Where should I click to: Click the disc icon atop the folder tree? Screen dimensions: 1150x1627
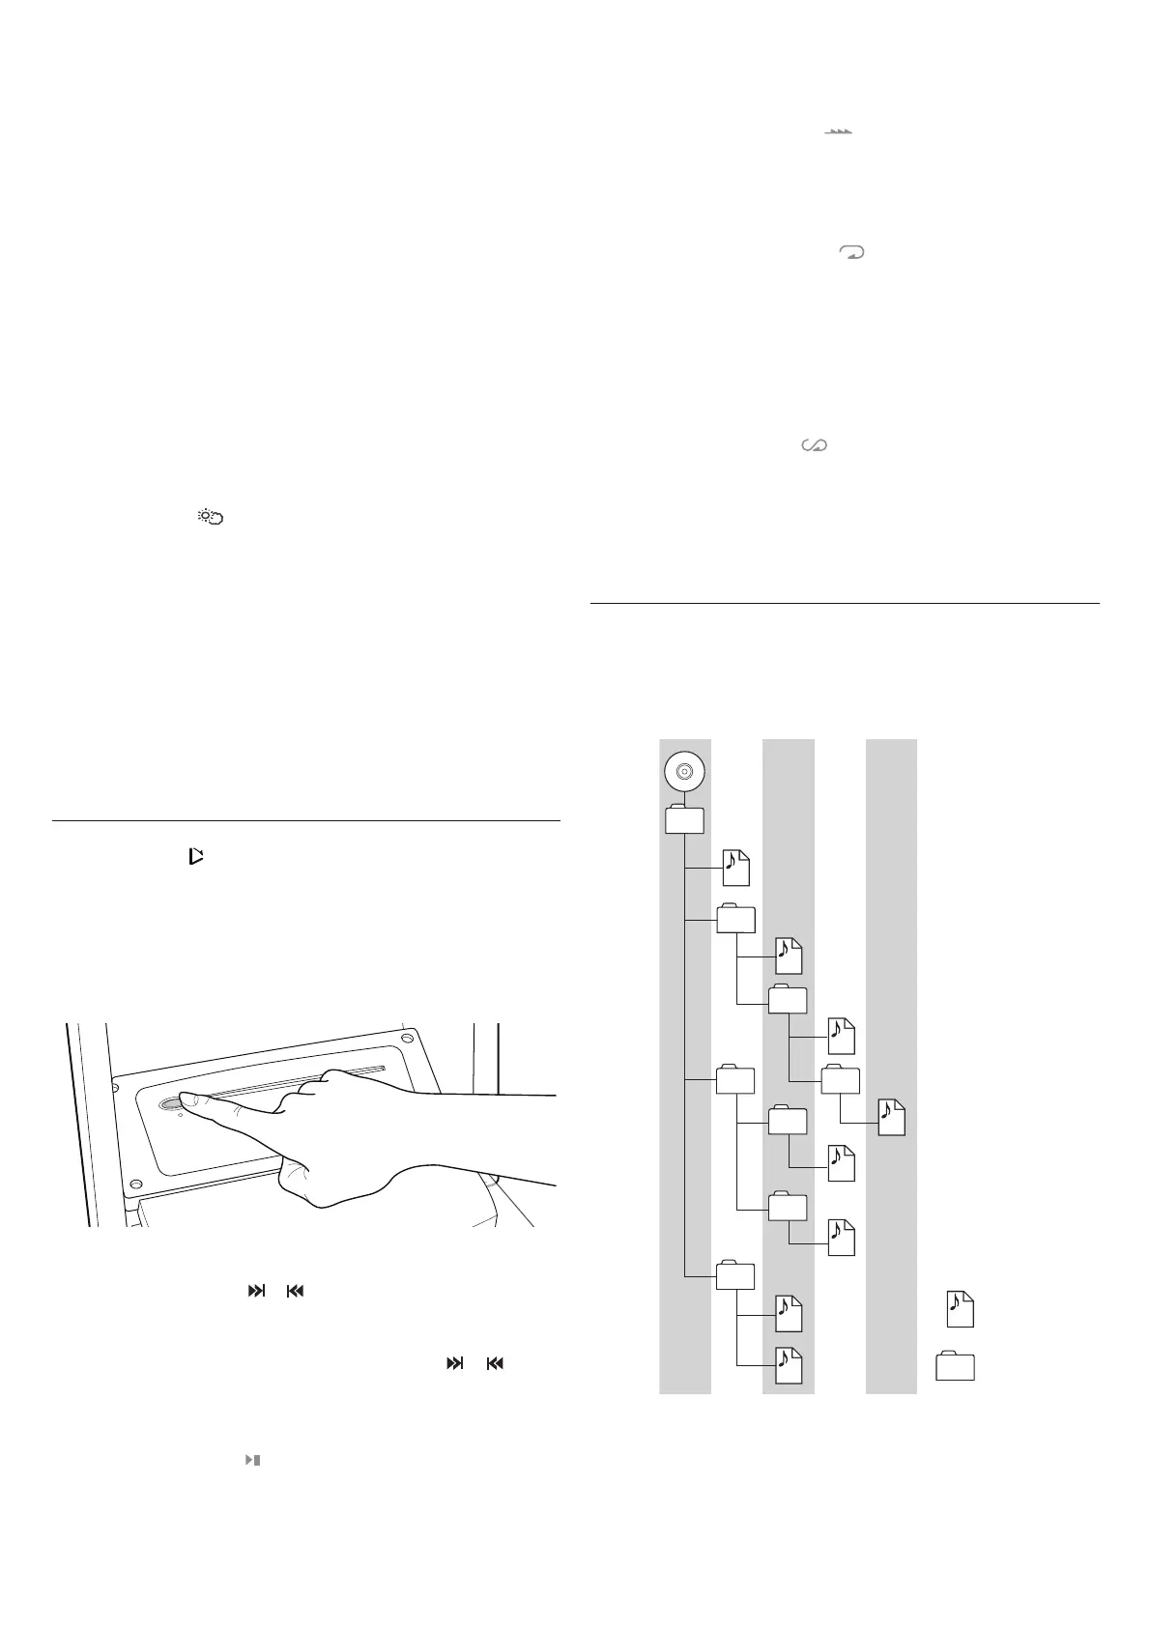(x=684, y=771)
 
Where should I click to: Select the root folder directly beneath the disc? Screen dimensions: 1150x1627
(x=684, y=819)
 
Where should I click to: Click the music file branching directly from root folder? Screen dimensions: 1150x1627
(x=735, y=869)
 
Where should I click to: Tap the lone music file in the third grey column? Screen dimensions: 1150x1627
(x=891, y=1117)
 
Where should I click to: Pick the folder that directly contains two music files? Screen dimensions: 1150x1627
(x=735, y=1276)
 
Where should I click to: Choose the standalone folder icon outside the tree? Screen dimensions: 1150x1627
(x=955, y=1366)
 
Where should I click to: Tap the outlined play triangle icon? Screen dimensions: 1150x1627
(x=196, y=855)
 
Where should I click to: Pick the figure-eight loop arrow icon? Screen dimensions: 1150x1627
(x=815, y=445)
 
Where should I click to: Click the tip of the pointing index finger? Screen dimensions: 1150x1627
(x=184, y=1099)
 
